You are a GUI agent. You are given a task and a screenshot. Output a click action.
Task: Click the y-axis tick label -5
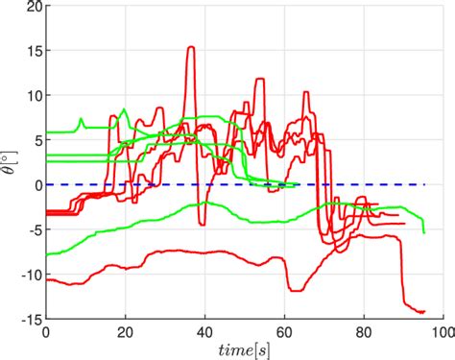pyautogui.click(x=30, y=229)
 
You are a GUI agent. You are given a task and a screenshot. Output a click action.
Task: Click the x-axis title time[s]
pyautogui.click(x=244, y=349)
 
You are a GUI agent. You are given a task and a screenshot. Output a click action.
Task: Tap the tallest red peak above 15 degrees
pyautogui.click(x=191, y=47)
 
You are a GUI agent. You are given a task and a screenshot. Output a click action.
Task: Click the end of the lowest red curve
pyautogui.click(x=423, y=311)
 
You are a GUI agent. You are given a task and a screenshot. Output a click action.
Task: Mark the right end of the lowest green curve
pyautogui.click(x=423, y=231)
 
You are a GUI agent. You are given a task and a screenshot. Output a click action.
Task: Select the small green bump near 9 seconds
pyautogui.click(x=81, y=120)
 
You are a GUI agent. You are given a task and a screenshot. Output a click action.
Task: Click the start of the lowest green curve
pyautogui.click(x=47, y=254)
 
